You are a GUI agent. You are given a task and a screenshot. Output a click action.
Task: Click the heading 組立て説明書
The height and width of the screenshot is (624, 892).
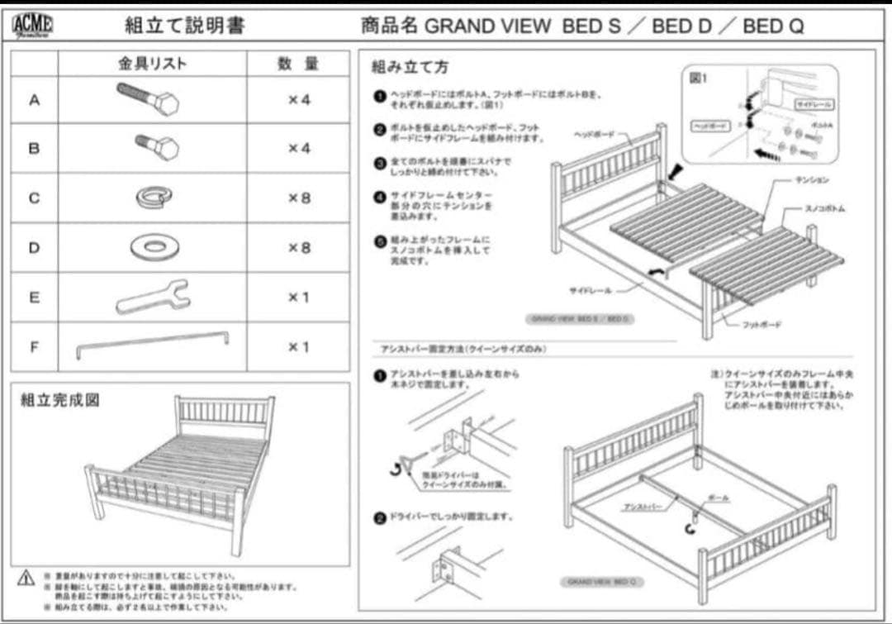[184, 25]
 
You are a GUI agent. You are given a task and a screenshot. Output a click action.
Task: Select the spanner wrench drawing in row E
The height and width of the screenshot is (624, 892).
[153, 296]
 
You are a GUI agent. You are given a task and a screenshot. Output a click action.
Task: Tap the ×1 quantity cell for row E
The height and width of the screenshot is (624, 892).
[298, 297]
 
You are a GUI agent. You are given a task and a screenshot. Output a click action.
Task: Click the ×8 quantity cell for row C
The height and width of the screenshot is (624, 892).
[298, 198]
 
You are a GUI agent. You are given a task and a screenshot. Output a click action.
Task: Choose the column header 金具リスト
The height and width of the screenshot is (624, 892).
[152, 64]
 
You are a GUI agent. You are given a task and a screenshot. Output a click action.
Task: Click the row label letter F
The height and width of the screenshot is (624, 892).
[34, 346]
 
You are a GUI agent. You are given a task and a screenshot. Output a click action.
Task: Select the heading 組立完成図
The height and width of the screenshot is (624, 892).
[59, 400]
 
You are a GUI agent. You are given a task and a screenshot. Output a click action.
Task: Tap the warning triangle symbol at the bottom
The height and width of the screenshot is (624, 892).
[26, 578]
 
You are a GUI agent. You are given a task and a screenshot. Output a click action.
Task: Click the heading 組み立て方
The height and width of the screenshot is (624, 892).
[410, 66]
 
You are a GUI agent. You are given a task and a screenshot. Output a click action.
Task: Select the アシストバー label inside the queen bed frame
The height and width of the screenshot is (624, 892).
[641, 506]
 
